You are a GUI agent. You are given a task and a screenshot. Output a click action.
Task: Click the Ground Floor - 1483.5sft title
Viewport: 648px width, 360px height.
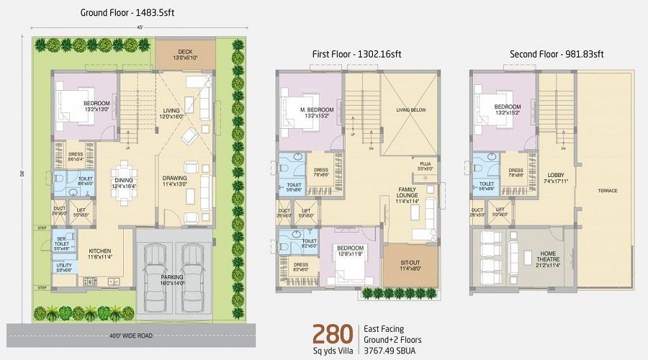(x=127, y=13)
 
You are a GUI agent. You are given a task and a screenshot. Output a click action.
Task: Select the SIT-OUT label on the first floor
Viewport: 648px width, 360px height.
(x=410, y=264)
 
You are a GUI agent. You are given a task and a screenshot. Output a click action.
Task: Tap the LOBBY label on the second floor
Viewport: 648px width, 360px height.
(x=554, y=175)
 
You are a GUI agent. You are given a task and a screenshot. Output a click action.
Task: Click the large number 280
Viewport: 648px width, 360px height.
(x=332, y=334)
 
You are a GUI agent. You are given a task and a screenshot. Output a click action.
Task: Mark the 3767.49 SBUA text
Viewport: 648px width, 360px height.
(x=395, y=351)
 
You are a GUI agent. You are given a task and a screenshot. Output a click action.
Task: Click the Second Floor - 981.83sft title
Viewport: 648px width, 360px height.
(x=556, y=54)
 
